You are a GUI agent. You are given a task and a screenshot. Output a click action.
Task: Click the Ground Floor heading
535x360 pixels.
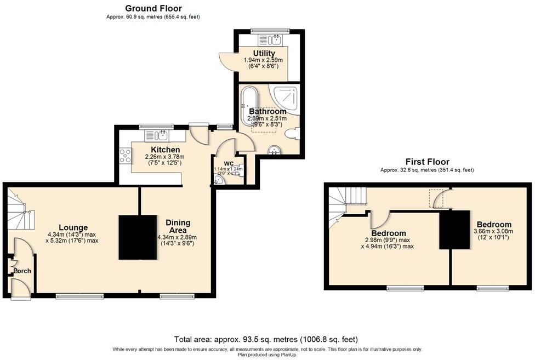[153, 8]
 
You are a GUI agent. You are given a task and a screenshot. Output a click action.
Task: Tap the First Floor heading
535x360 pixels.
[427, 162]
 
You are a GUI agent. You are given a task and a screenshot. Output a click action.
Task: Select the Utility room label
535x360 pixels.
[264, 53]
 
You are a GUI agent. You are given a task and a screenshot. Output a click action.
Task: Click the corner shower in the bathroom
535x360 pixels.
[286, 98]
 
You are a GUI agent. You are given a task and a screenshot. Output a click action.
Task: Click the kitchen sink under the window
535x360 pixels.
[160, 135]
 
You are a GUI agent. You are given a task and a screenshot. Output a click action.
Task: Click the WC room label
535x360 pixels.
[229, 163]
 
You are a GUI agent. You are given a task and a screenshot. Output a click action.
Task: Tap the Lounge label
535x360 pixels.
[73, 227]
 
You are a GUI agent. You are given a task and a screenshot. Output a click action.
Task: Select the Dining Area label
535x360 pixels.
[178, 226]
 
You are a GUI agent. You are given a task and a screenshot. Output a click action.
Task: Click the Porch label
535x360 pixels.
[22, 271]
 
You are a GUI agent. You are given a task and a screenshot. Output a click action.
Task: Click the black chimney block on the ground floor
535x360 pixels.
[138, 237]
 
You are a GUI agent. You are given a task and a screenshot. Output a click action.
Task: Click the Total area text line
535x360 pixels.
[266, 339]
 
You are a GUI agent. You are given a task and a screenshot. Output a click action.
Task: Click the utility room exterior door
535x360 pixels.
[227, 61]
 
